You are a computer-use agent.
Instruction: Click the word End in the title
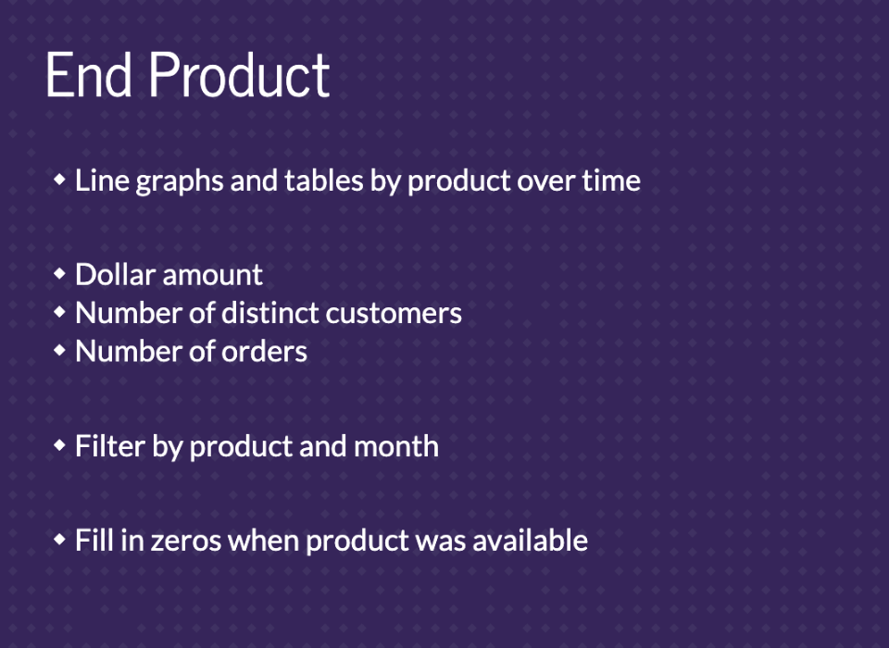coord(89,75)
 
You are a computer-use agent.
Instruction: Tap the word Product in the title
coord(239,75)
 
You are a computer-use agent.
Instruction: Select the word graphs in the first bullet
coord(180,182)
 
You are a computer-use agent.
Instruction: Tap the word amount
coord(213,276)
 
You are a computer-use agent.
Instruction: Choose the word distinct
coord(269,313)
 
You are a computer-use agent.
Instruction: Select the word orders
coord(264,352)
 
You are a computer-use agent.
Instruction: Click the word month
coord(396,446)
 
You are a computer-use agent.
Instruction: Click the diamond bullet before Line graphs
coord(59,180)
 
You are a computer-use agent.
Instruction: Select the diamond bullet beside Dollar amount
coord(59,274)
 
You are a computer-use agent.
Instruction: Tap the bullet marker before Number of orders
coord(59,350)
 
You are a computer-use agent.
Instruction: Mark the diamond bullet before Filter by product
coord(59,445)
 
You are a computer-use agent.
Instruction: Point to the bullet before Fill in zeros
coord(59,539)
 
